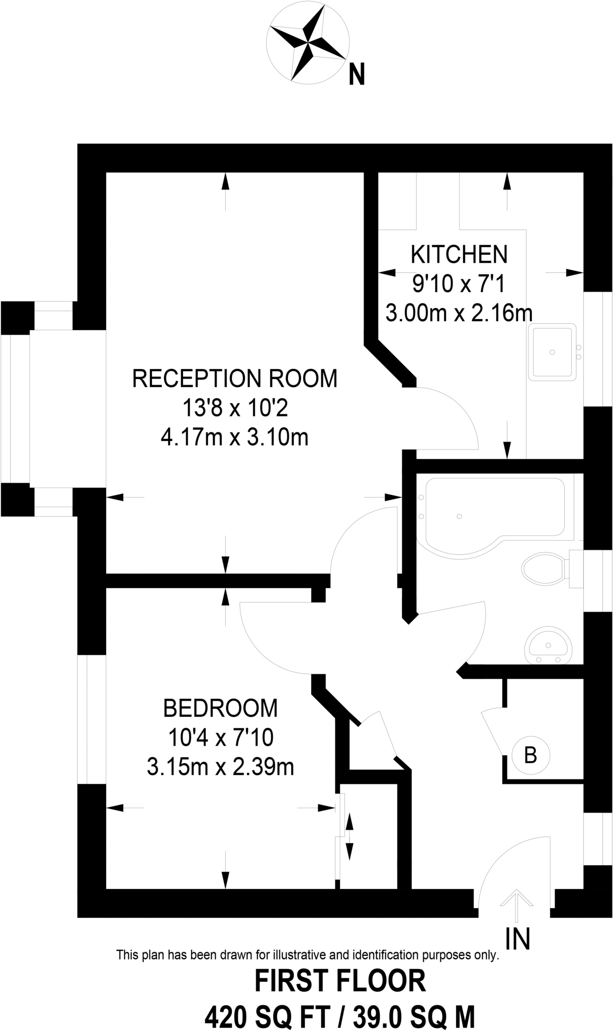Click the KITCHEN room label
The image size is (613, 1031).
click(459, 255)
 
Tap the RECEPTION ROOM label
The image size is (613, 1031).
click(234, 379)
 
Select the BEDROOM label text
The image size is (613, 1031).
click(220, 708)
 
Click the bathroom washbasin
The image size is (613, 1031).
click(548, 647)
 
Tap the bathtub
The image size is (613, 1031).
click(493, 516)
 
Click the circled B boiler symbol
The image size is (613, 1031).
click(531, 755)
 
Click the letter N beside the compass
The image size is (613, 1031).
click(357, 76)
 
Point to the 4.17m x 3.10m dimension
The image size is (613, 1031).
click(234, 437)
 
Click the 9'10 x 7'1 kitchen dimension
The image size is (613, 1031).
click(458, 284)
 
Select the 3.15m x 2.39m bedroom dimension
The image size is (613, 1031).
click(220, 768)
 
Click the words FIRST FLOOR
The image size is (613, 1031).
click(340, 982)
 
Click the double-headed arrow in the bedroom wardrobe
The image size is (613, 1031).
click(349, 837)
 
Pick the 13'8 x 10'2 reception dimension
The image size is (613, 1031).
click(234, 408)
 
